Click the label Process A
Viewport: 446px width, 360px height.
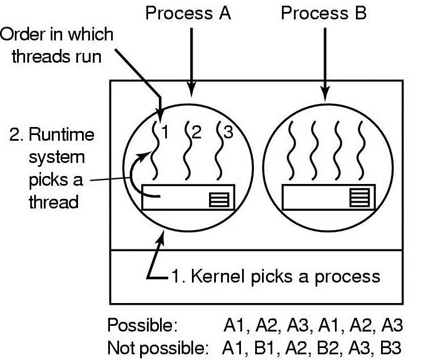click(x=188, y=13)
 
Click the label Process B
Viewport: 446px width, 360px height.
click(x=324, y=13)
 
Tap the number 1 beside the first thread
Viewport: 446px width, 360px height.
click(x=165, y=132)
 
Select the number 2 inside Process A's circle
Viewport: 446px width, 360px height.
click(x=197, y=132)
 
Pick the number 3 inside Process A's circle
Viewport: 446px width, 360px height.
click(x=228, y=132)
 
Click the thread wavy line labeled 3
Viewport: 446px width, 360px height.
click(x=218, y=151)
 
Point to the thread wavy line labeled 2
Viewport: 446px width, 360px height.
click(x=187, y=151)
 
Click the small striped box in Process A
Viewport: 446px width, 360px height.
click(x=219, y=199)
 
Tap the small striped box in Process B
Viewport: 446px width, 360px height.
click(x=359, y=198)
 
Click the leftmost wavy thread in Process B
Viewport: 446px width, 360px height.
click(x=290, y=151)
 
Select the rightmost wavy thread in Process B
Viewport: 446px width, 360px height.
click(x=361, y=151)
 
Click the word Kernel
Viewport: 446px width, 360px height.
click(x=218, y=276)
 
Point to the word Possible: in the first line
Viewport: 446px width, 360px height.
click(x=142, y=325)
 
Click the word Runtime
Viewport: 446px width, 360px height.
click(x=62, y=134)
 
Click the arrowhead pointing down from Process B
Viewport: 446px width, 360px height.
click(x=325, y=94)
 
